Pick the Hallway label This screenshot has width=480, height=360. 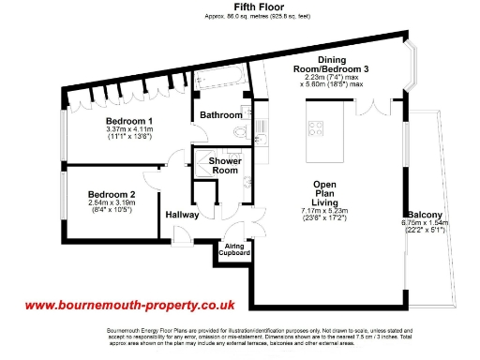182,215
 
